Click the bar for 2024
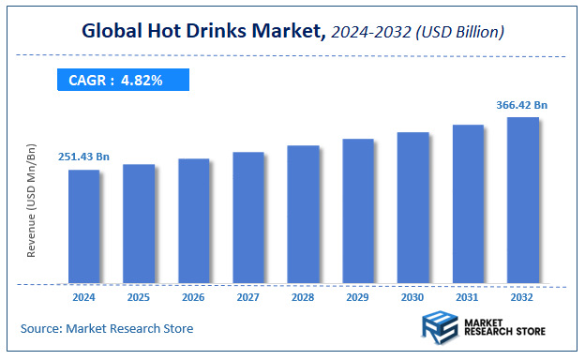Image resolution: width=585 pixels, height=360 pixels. point(83,226)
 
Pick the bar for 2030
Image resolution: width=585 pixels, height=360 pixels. point(412,207)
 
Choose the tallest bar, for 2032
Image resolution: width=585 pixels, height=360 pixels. point(522,200)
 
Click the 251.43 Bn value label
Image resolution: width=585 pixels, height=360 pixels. point(83,156)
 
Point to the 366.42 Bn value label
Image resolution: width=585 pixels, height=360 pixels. point(522,104)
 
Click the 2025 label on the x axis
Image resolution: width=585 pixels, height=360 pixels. point(138,297)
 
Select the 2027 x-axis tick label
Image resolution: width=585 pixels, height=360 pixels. point(247,297)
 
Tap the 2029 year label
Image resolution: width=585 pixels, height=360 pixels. point(357,297)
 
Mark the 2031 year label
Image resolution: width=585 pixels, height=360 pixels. point(467,297)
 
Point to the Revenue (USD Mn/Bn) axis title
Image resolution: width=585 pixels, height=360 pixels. point(32,201)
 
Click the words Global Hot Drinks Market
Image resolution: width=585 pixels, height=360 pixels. point(202,32)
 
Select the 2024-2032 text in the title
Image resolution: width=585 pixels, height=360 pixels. point(368,33)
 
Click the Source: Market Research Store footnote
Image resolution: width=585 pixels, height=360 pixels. point(107,328)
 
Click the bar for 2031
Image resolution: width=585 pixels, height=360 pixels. point(467,203)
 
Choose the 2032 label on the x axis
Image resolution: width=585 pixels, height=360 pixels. point(522,297)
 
